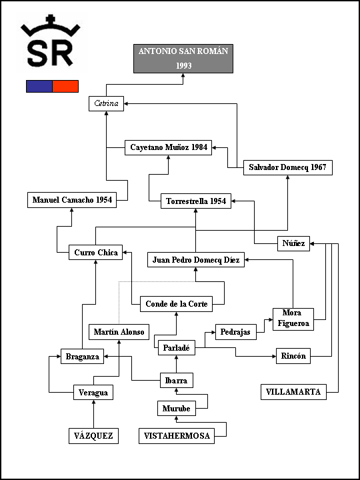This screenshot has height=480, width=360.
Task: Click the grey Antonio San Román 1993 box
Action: (x=183, y=59)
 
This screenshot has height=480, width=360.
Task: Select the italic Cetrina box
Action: (x=106, y=104)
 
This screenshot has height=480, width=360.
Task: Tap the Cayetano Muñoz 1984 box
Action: (x=169, y=147)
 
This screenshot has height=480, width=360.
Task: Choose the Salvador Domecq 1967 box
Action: (x=288, y=167)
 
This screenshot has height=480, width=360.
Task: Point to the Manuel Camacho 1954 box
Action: (x=72, y=200)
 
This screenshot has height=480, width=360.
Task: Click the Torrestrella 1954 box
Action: (x=196, y=201)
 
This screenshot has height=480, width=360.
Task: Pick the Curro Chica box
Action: (x=95, y=252)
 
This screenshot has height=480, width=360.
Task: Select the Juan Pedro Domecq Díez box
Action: (x=196, y=259)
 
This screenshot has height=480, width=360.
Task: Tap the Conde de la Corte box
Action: (x=176, y=304)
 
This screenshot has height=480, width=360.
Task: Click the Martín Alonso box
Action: (x=119, y=332)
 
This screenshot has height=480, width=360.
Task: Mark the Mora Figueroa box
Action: (x=293, y=319)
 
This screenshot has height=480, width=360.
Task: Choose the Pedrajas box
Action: (x=236, y=332)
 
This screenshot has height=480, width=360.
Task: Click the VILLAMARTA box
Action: (x=293, y=392)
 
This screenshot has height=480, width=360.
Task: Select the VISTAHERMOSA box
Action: (x=177, y=436)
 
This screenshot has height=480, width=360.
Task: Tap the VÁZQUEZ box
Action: (x=93, y=436)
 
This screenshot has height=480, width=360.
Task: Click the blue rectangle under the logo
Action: (x=39, y=86)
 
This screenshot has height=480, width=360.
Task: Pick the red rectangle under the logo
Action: (x=65, y=86)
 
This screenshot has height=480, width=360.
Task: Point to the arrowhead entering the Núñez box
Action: (x=312, y=244)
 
